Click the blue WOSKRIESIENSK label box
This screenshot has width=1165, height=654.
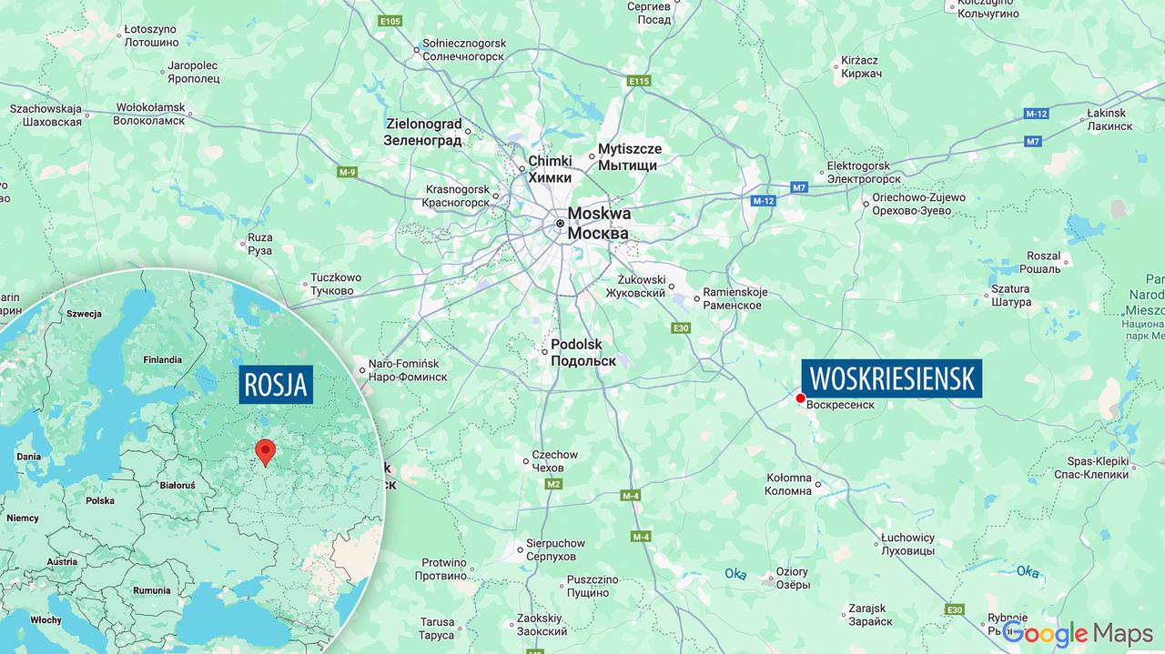(x=891, y=377)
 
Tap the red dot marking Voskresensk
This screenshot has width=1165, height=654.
(x=800, y=398)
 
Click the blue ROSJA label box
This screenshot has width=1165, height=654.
(x=277, y=386)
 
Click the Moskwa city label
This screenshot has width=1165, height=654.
(x=598, y=223)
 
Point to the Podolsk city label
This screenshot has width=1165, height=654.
(x=582, y=353)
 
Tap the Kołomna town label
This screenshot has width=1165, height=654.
(x=788, y=484)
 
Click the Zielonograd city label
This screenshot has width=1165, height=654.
(x=424, y=131)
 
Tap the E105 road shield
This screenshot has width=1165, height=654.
(x=390, y=21)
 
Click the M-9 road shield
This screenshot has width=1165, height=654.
(x=347, y=172)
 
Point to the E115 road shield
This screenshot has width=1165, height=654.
(x=639, y=81)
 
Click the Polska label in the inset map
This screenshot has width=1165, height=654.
(x=100, y=500)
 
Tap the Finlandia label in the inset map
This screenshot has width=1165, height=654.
(x=162, y=359)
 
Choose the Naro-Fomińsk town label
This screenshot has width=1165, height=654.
(x=408, y=369)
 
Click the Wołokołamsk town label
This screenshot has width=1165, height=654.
(x=149, y=114)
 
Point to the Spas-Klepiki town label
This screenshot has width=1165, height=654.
(x=1090, y=468)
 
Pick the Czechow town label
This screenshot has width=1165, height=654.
(x=554, y=461)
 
